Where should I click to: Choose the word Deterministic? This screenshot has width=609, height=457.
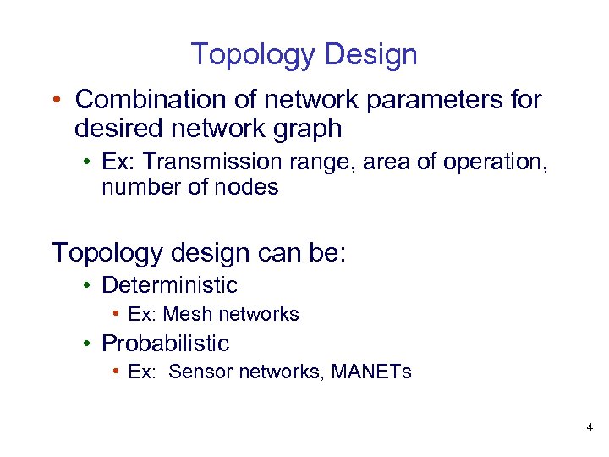tap(169, 285)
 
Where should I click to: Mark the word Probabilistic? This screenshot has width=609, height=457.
tap(165, 344)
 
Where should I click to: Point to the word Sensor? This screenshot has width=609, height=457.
tap(201, 372)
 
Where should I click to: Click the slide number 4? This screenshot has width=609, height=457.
tap(589, 428)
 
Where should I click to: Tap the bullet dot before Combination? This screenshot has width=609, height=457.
tap(55, 101)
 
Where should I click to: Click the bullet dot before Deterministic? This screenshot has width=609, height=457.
tap(88, 286)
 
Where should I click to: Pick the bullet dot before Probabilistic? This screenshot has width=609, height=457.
tap(88, 344)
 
